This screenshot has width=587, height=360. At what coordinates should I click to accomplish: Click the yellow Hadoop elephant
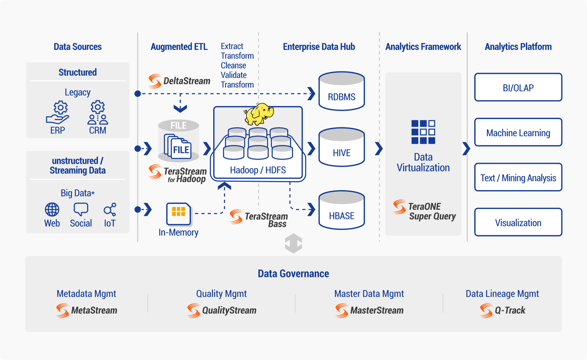[259, 114]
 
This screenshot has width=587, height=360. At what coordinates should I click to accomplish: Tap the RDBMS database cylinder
[341, 91]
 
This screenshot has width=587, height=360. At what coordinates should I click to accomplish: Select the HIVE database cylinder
[341, 147]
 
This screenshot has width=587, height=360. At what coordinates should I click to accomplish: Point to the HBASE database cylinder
[341, 210]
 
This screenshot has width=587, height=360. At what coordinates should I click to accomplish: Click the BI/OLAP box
[518, 88]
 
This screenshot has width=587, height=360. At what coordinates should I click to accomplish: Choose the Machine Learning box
[518, 132]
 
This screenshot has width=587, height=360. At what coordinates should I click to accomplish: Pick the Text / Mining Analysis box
[518, 177]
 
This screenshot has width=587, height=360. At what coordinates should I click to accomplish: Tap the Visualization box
[518, 222]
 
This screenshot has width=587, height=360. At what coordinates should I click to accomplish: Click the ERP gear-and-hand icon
[58, 113]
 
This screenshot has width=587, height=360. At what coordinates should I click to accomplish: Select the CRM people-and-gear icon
[97, 112]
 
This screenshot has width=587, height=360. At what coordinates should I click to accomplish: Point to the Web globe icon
[52, 209]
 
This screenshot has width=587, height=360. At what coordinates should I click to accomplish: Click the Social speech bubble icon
[81, 209]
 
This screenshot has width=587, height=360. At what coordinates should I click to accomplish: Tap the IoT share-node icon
[110, 209]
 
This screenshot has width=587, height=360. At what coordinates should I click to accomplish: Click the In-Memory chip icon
[179, 214]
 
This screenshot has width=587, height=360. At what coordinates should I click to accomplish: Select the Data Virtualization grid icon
[423, 132]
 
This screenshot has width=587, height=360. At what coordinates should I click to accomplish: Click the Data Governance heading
[293, 274]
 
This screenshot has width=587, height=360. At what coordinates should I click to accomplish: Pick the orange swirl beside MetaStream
[63, 310]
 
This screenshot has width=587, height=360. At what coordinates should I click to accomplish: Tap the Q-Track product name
[510, 310]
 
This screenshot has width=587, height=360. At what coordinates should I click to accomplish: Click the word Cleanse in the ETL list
[233, 65]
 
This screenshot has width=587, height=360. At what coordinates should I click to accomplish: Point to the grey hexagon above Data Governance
[293, 243]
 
